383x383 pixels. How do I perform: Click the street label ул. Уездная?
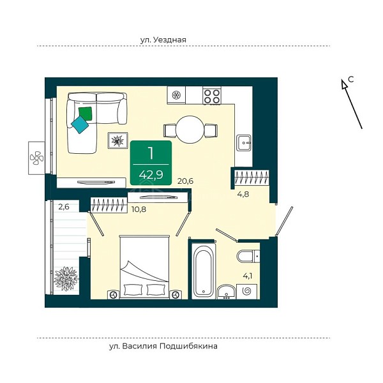point(163,40)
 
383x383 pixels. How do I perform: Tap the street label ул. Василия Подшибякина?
point(163,346)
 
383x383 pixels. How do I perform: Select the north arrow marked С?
point(352,103)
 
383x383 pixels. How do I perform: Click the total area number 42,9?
point(151,175)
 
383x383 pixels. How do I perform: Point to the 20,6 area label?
point(185,181)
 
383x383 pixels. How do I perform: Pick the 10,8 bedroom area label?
point(139,209)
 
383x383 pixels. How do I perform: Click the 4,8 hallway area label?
point(243,194)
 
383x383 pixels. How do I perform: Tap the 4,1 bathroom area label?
point(248,276)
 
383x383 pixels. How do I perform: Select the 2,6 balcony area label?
point(64,207)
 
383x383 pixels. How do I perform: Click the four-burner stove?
point(212,96)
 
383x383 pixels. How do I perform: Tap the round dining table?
point(190,130)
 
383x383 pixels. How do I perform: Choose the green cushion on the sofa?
point(86,114)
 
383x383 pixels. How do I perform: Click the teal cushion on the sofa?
point(80,125)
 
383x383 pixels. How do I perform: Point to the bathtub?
point(204,271)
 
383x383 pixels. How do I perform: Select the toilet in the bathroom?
point(248,256)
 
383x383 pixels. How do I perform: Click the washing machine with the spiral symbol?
point(246,292)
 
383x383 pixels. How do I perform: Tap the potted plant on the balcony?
point(66,279)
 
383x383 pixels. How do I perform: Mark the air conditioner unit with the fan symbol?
point(36,158)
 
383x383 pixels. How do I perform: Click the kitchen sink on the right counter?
point(243,143)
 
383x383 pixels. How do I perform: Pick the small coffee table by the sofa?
point(118,140)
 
